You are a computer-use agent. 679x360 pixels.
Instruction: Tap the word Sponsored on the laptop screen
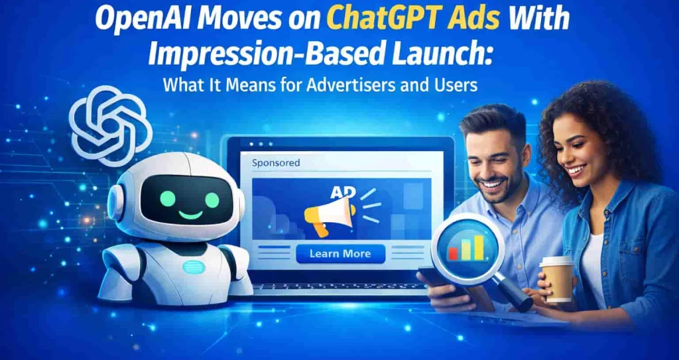click(x=276, y=162)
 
